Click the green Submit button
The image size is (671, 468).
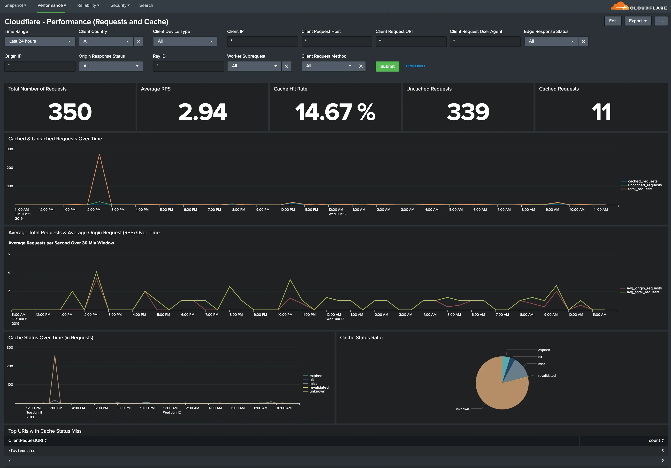pyautogui.click(x=387, y=66)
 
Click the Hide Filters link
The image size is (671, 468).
pyautogui.click(x=415, y=66)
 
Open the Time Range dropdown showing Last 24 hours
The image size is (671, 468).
pyautogui.click(x=40, y=41)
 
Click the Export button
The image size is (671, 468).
pyautogui.click(x=637, y=21)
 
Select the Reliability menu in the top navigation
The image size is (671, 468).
pyautogui.click(x=88, y=5)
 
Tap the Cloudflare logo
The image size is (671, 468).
pyautogui.click(x=639, y=7)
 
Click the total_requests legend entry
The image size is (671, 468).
pyautogui.click(x=640, y=189)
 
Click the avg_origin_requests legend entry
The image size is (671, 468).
pyautogui.click(x=644, y=288)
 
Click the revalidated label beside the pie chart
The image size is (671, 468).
pyautogui.click(x=547, y=376)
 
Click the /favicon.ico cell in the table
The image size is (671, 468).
pyautogui.click(x=22, y=451)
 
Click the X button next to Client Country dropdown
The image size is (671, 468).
pyautogui.click(x=138, y=41)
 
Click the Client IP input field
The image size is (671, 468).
pyautogui.click(x=262, y=41)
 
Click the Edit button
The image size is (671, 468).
pyautogui.click(x=613, y=21)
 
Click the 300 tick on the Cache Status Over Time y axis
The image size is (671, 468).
pyautogui.click(x=10, y=347)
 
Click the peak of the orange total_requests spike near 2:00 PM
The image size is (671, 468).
pyautogui.click(x=99, y=154)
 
